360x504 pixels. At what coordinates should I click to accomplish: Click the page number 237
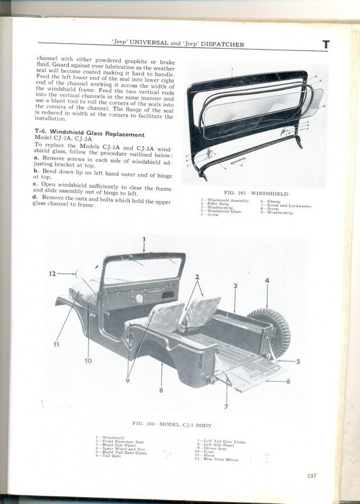pos(311,477)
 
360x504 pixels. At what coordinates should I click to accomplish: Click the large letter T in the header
pos(326,44)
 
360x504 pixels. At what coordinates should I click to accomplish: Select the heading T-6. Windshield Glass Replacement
pos(90,134)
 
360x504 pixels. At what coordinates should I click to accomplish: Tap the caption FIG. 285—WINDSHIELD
pos(256,194)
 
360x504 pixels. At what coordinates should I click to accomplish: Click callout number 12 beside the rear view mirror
pos(52,274)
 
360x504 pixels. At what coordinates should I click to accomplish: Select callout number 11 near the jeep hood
pos(56,344)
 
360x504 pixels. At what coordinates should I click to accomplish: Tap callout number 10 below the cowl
pos(88,360)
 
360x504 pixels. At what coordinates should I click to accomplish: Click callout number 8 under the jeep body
pos(161,390)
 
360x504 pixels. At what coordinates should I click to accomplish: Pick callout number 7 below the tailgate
pos(226,407)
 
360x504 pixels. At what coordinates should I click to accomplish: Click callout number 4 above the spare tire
pos(267,281)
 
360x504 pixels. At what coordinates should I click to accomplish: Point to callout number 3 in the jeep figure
pos(235,286)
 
